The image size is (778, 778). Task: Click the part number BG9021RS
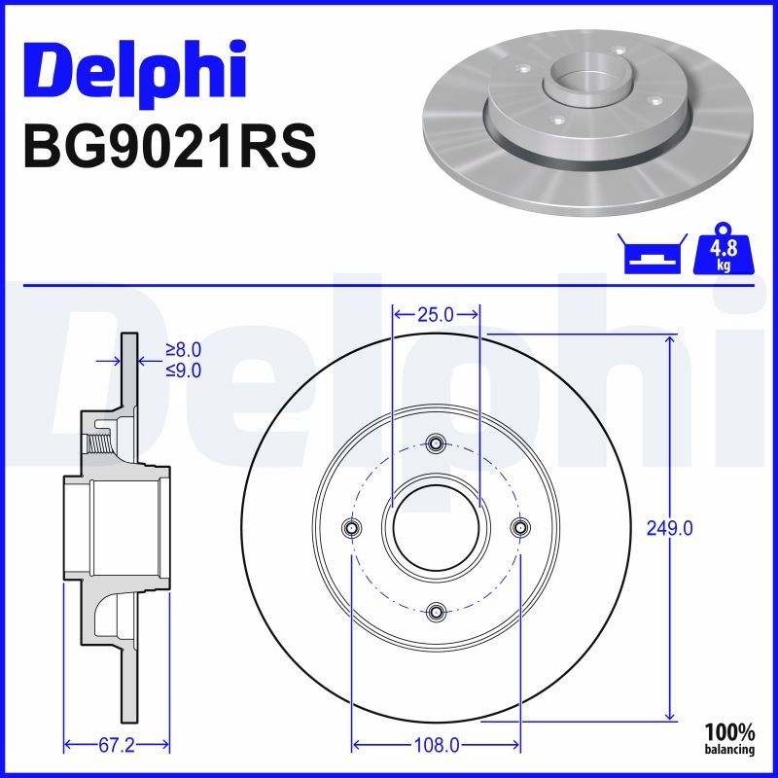click(x=169, y=147)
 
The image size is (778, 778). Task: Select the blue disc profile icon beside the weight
click(x=652, y=254)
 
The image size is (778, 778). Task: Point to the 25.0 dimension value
click(x=436, y=314)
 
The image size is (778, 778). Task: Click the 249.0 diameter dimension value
click(x=669, y=529)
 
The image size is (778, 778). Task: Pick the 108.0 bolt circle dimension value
click(x=436, y=745)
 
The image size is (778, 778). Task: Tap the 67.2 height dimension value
click(x=117, y=745)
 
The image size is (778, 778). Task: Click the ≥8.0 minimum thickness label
click(x=184, y=350)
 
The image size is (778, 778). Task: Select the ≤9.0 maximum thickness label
click(x=184, y=371)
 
